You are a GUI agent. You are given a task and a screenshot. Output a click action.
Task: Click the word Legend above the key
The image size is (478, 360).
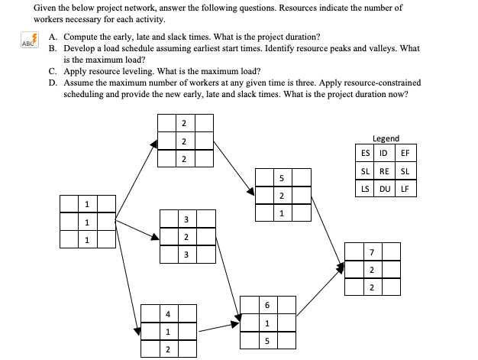click(x=386, y=138)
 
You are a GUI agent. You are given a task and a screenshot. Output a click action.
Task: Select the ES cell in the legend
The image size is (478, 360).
click(x=366, y=153)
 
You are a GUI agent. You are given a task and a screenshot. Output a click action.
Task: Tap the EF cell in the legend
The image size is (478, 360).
click(x=405, y=153)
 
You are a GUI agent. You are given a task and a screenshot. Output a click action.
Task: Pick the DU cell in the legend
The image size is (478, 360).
click(x=385, y=188)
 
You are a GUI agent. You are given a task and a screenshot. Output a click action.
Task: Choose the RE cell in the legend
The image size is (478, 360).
click(x=385, y=170)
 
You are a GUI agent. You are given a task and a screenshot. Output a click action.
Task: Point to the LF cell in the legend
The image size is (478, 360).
click(x=405, y=188)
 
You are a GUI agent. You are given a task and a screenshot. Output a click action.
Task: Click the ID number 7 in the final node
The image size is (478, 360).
click(x=371, y=252)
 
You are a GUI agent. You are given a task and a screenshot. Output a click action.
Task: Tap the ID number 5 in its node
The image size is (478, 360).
click(x=281, y=180)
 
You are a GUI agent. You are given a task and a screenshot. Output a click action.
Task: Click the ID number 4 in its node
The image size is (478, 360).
click(x=167, y=314)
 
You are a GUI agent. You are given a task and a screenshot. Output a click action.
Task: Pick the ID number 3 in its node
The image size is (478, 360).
click(x=186, y=220)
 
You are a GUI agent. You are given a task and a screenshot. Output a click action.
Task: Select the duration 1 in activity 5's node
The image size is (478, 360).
click(x=281, y=213)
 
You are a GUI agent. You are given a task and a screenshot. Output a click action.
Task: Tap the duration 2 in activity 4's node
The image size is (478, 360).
click(x=167, y=349)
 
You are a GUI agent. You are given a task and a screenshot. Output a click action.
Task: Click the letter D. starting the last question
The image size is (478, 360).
click(x=53, y=83)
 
